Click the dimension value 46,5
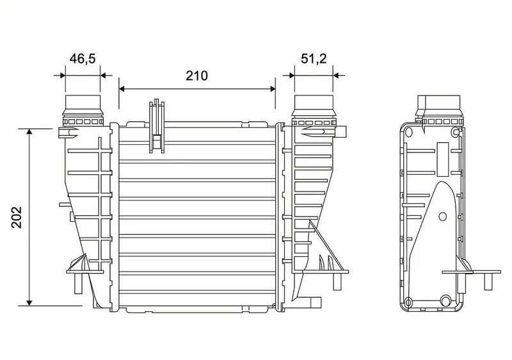click(x=83, y=59)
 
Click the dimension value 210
click(x=197, y=76)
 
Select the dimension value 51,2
click(x=314, y=59)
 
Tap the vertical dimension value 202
click(x=17, y=217)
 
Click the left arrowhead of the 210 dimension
click(x=122, y=88)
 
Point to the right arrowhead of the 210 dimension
click(x=272, y=88)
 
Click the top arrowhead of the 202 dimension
click(x=29, y=132)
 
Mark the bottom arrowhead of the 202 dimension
click(x=29, y=302)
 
